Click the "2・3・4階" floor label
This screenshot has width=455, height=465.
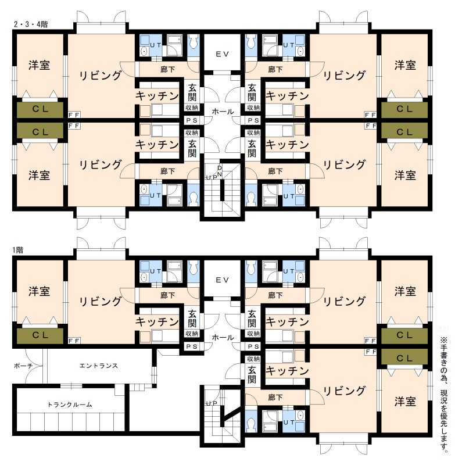pos(31,24)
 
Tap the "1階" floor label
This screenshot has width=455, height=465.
pos(17,251)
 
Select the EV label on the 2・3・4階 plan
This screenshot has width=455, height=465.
pos(223,54)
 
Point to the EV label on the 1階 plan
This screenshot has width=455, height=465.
pos(223,280)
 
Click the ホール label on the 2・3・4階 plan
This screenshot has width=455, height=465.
pos(223,112)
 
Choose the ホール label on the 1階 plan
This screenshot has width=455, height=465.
pos(223,338)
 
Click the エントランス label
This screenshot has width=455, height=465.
pos(99,366)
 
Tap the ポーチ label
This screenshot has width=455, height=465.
pos(23,366)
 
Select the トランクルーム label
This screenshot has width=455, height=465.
pos(70,405)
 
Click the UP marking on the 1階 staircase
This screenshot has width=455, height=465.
pos(212,403)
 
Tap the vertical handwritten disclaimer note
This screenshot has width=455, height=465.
pos(444,394)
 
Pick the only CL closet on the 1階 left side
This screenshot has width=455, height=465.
pos(40,335)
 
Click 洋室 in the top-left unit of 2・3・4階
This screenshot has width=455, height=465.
pos(39,65)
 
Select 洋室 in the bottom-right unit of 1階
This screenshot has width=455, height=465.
pos(405,402)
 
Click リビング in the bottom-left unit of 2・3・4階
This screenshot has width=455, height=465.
pos(101,165)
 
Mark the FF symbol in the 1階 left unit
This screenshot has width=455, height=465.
pos(74,341)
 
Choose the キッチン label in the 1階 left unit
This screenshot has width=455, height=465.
pos(157,322)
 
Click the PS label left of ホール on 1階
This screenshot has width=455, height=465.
pos(192,346)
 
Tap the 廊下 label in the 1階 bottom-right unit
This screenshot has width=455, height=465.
pos(275,398)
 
